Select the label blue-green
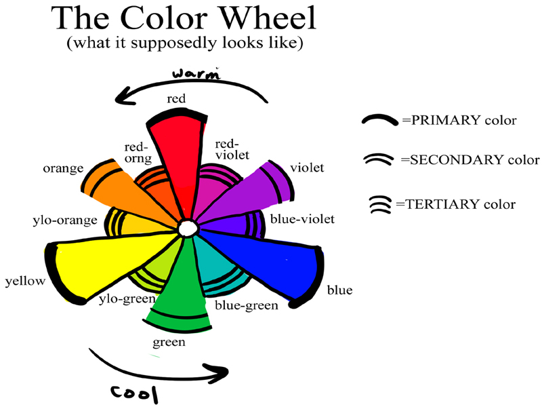(x=246, y=306)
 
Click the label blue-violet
(x=301, y=219)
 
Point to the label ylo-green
(x=127, y=298)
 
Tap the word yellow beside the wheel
(x=24, y=281)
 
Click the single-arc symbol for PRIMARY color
(x=379, y=120)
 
